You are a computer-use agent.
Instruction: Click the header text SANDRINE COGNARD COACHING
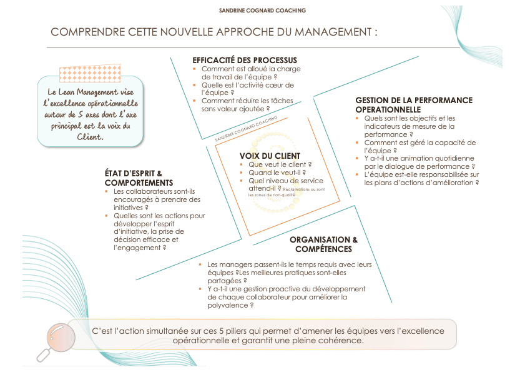(262, 11)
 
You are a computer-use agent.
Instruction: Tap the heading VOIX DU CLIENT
(270, 156)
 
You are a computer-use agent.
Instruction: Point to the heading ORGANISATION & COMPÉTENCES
(323, 244)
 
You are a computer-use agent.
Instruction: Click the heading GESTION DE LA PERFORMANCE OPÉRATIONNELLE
(414, 104)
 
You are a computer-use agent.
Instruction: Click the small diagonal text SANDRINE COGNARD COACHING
(246, 129)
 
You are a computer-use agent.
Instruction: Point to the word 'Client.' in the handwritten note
(90, 137)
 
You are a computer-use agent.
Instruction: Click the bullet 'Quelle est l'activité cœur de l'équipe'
(247, 89)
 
